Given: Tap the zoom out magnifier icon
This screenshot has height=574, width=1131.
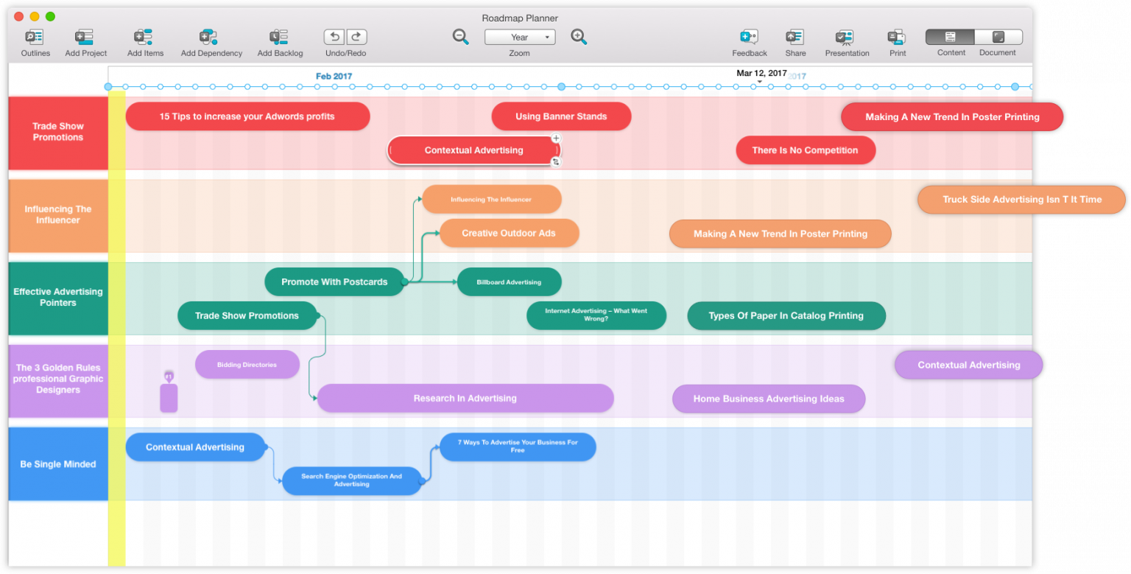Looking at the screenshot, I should tap(461, 37).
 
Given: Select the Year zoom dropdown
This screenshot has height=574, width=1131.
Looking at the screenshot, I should tap(520, 37).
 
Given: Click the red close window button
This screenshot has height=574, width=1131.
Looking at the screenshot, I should tap(18, 16).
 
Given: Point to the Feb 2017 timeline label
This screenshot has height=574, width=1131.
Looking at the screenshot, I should tap(334, 76).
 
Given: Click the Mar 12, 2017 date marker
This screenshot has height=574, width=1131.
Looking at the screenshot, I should tap(761, 74).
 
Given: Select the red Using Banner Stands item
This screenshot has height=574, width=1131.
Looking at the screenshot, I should tap(561, 116).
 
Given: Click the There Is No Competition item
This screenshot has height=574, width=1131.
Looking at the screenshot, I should tap(805, 150).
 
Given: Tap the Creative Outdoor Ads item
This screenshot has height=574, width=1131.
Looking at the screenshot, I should tap(509, 233).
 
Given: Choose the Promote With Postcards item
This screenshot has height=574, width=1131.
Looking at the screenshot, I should tap(334, 281).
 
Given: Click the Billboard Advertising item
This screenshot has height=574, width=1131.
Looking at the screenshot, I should tap(509, 282).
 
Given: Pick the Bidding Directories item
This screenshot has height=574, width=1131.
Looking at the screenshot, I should tap(247, 365).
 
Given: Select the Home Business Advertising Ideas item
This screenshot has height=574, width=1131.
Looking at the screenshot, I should tap(768, 399).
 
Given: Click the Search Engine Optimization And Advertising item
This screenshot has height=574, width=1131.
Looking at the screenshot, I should tap(351, 480).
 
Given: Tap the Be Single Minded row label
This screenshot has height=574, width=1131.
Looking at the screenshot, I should tap(58, 464).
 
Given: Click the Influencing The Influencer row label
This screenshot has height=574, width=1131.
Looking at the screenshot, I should tap(58, 214).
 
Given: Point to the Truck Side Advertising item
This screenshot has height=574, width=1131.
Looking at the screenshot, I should tap(1021, 200).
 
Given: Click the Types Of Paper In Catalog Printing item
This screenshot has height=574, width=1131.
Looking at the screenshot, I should tap(786, 315).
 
